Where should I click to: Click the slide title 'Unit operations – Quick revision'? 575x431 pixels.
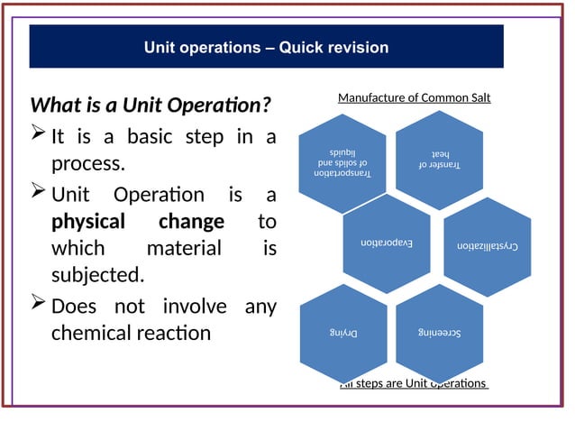point(266,48)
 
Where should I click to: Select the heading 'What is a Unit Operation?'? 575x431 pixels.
point(151,105)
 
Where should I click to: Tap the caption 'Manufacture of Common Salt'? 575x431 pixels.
point(414,97)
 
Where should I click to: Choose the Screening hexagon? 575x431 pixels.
point(439,332)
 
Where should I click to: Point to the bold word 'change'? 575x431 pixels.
point(191,221)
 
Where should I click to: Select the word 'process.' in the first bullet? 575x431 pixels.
point(87,165)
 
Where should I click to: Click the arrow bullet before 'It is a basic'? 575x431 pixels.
point(39,136)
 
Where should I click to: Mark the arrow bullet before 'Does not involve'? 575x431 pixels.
point(39,306)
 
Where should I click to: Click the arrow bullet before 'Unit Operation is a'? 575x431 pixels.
point(39,193)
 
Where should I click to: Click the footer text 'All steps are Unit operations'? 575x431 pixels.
point(414,384)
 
